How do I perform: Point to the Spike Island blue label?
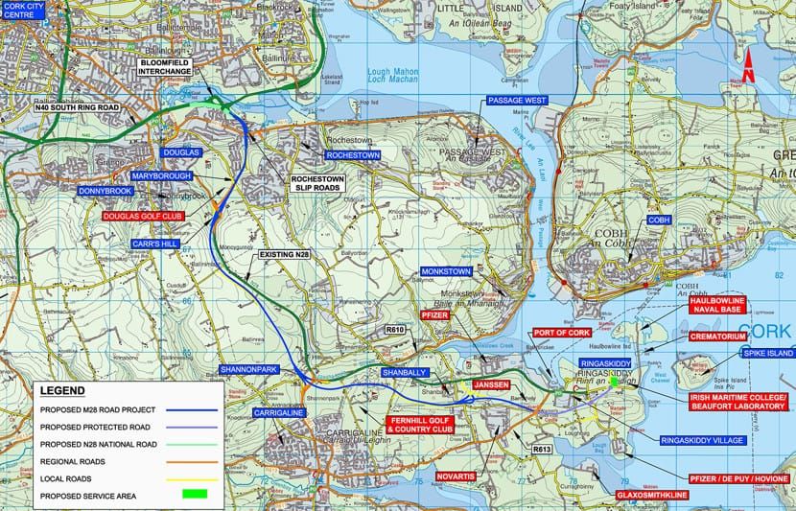point(767,354)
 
